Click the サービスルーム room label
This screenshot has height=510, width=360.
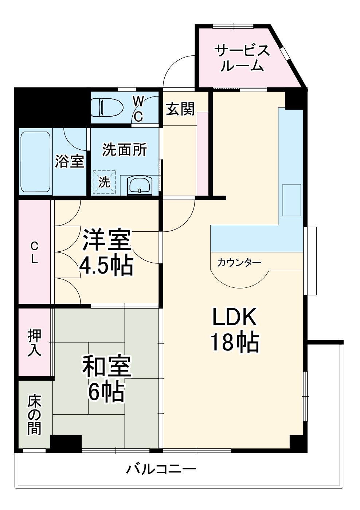pyautogui.click(x=242, y=58)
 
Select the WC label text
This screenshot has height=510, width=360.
pyautogui.click(x=138, y=109)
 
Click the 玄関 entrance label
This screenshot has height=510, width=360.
pyautogui.click(x=180, y=109)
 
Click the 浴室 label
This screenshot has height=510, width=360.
pyautogui.click(x=70, y=161)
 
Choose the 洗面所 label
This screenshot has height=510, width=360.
pyautogui.click(x=124, y=149)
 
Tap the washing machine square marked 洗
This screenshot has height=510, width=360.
pyautogui.click(x=105, y=182)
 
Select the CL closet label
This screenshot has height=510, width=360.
pyautogui.click(x=34, y=252)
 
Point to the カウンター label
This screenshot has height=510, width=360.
pyautogui.click(x=239, y=263)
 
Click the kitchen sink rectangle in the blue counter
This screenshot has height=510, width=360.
pyautogui.click(x=292, y=200)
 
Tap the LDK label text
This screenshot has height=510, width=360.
pyautogui.click(x=235, y=317)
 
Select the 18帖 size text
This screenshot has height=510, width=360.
pyautogui.click(x=235, y=342)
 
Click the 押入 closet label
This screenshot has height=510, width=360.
pyautogui.click(x=35, y=342)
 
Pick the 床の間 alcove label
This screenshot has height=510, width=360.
pyautogui.click(x=35, y=415)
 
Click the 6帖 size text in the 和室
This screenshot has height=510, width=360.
pyautogui.click(x=106, y=392)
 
